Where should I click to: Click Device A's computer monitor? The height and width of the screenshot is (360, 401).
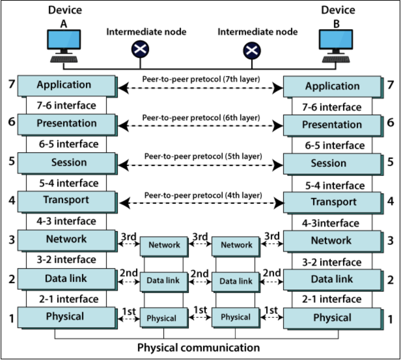[64, 40]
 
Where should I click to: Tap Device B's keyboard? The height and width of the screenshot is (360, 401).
[336, 60]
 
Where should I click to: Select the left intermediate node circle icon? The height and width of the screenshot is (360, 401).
[140, 49]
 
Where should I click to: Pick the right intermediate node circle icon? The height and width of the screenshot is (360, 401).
[252, 50]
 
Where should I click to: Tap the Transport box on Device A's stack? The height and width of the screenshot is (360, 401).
[66, 201]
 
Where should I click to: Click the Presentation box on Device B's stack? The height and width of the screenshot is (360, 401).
[332, 125]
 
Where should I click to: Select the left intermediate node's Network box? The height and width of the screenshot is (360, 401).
[164, 245]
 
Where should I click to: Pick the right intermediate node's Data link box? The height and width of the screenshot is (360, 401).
[236, 282]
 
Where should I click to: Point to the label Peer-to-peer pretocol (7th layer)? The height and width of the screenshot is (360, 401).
[201, 79]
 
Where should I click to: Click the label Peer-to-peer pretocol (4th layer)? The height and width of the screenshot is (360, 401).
[203, 195]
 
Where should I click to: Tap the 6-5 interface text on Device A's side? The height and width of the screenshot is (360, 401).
[69, 144]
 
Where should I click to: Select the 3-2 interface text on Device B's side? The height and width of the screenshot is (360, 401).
[332, 262]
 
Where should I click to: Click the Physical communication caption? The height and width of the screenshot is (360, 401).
[199, 348]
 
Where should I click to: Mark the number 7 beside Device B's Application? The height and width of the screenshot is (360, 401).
[391, 85]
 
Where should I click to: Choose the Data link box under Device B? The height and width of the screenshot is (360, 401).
[332, 280]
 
